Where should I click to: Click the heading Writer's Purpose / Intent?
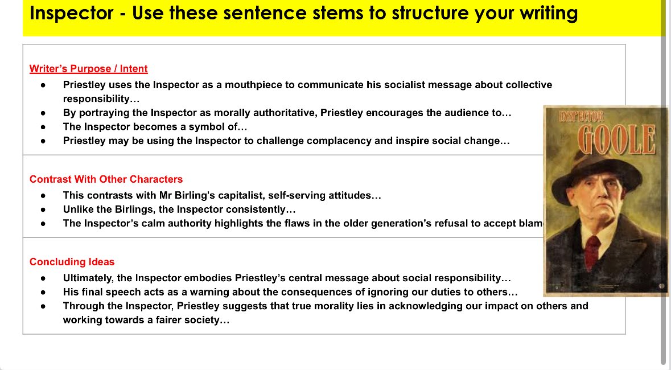tap(88, 69)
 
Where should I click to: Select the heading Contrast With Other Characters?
tap(106, 179)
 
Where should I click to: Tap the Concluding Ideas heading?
tap(72, 262)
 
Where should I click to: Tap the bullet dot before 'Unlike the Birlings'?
tap(44, 209)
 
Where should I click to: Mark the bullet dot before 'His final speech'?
tap(44, 292)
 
